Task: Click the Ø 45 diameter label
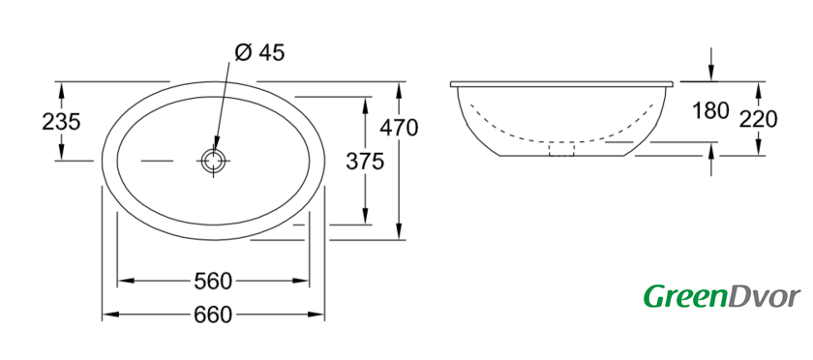click(x=259, y=52)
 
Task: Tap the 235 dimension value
click(x=61, y=123)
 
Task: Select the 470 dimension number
click(x=399, y=128)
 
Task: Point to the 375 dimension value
click(x=365, y=162)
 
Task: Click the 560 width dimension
click(x=213, y=282)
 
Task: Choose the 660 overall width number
click(x=213, y=315)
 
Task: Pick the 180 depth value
click(x=711, y=110)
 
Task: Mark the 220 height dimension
click(x=758, y=120)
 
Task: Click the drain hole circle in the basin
click(x=214, y=161)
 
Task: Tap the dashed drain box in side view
click(x=561, y=149)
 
